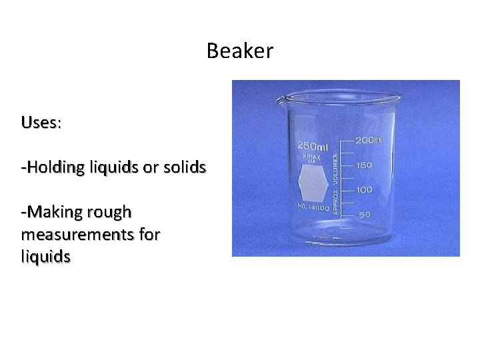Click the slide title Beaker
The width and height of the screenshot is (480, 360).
239,51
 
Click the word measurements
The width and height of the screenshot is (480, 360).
76,235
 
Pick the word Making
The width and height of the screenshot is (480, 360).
53,213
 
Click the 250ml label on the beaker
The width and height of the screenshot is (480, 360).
312,145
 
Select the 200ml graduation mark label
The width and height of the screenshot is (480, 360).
369,140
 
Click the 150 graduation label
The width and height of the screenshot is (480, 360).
364,165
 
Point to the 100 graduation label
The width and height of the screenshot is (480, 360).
364,190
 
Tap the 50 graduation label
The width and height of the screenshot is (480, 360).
364,215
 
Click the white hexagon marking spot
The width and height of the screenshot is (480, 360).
313,183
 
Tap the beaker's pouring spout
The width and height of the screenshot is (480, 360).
281,101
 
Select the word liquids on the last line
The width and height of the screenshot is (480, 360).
46,257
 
